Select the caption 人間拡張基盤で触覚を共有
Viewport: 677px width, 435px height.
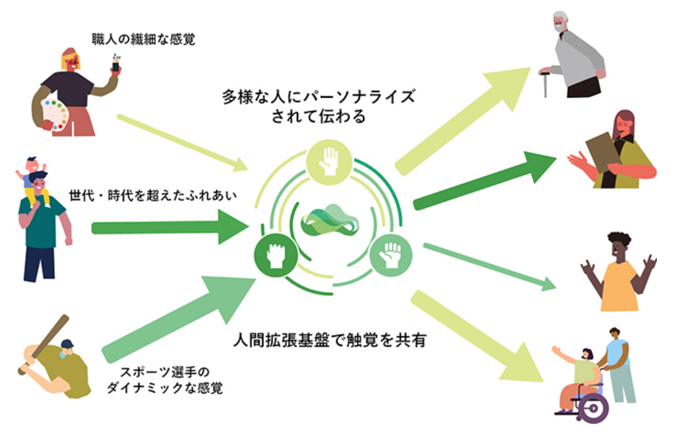click(x=329, y=340)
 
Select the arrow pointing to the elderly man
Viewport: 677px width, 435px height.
click(x=464, y=119)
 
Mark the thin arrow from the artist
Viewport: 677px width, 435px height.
click(x=183, y=142)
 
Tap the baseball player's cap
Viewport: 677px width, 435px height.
click(x=67, y=344)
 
